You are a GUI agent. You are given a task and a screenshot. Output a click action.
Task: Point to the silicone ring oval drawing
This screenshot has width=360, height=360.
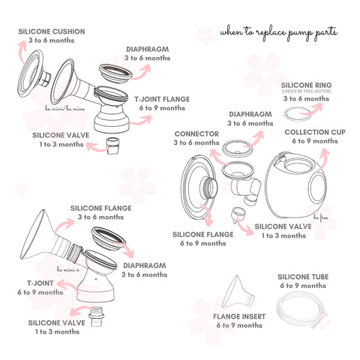[x=300, y=113]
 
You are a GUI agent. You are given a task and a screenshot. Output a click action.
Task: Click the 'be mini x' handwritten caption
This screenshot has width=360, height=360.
[x=69, y=268]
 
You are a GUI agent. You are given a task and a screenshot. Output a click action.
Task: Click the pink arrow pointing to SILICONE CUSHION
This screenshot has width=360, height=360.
[x=20, y=55]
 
